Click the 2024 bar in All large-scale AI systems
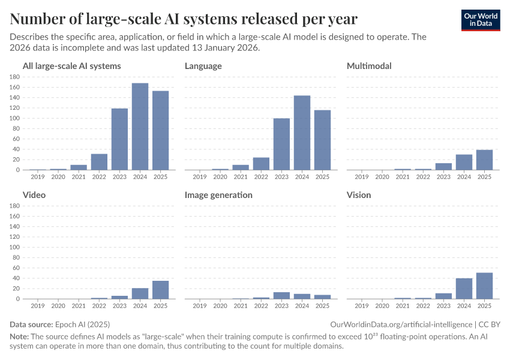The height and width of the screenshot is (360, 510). [140, 127]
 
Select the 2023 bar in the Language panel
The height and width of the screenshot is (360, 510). [281, 144]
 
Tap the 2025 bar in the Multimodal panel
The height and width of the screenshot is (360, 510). [484, 160]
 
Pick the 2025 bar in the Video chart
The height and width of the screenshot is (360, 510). [160, 290]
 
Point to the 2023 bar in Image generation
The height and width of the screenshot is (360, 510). [281, 295]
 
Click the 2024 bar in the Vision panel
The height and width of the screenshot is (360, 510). [464, 289]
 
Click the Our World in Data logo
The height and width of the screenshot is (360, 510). [480, 20]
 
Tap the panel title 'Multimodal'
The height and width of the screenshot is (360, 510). [369, 66]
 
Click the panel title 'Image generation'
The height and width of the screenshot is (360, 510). [218, 195]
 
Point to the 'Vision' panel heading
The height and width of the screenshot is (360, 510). [359, 195]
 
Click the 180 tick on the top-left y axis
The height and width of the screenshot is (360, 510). [15, 77]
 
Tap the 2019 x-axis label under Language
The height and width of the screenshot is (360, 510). [200, 176]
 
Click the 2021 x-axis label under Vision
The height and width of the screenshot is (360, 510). [403, 305]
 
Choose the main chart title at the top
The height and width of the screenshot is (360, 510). [184, 19]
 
